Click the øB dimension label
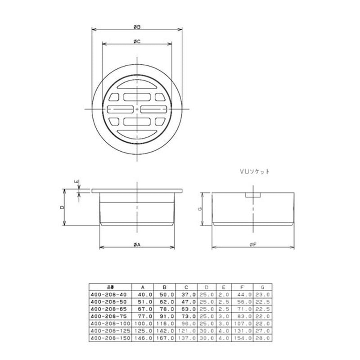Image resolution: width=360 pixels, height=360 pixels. point(137,27)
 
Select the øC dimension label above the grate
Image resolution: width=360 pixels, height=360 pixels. point(137,41)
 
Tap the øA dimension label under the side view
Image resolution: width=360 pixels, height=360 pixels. point(137,244)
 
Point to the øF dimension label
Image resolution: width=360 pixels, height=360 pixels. point(254,244)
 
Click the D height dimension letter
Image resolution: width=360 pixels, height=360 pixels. point(62,207)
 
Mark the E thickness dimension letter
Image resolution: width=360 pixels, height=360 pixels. point(77,182)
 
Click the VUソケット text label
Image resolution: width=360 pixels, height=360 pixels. point(254,171)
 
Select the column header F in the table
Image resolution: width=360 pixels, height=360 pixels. point(243,287)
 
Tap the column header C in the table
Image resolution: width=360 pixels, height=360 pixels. point(185,287)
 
